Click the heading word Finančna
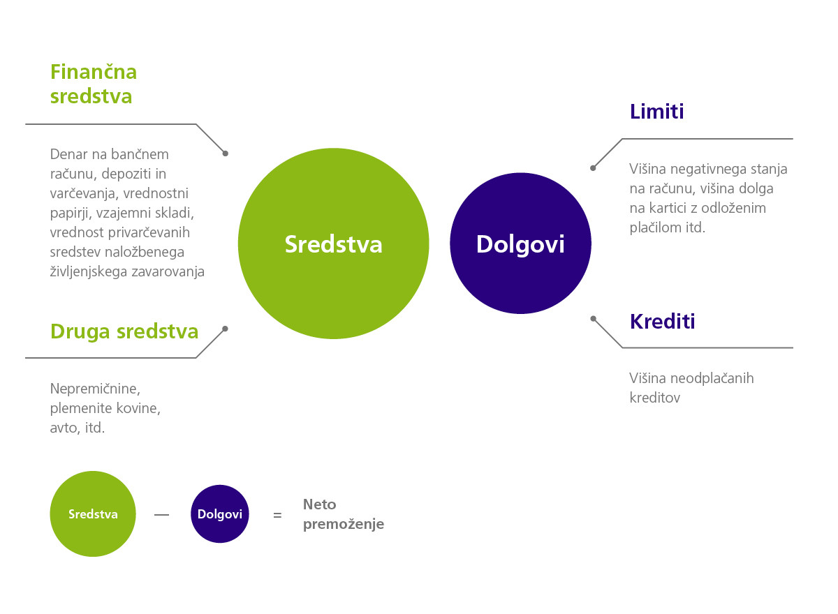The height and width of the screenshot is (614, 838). pyautogui.click(x=94, y=72)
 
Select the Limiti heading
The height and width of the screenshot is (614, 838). pyautogui.click(x=657, y=112)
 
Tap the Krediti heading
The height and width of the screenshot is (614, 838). pyautogui.click(x=663, y=322)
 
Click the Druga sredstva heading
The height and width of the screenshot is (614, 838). pyautogui.click(x=124, y=332)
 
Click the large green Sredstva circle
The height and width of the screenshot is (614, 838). pyautogui.click(x=334, y=244)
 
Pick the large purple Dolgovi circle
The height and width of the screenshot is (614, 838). pyautogui.click(x=520, y=244)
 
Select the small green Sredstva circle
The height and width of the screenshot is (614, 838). pyautogui.click(x=93, y=514)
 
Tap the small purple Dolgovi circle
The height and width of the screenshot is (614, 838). pyautogui.click(x=219, y=514)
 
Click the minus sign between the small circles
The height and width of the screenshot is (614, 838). pyautogui.click(x=161, y=515)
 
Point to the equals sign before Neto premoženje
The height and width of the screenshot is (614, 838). pyautogui.click(x=277, y=516)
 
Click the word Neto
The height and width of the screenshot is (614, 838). pyautogui.click(x=320, y=504)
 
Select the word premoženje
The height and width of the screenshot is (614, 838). pyautogui.click(x=344, y=524)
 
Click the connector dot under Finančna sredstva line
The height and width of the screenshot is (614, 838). pyautogui.click(x=225, y=153)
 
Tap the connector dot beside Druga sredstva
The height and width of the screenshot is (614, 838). pyautogui.click(x=225, y=329)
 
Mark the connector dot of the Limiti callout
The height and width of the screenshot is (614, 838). pyautogui.click(x=593, y=168)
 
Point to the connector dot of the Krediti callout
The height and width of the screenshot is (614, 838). pyautogui.click(x=593, y=319)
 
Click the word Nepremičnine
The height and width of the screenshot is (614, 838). pyautogui.click(x=95, y=389)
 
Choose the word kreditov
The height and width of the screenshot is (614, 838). pyautogui.click(x=655, y=398)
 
